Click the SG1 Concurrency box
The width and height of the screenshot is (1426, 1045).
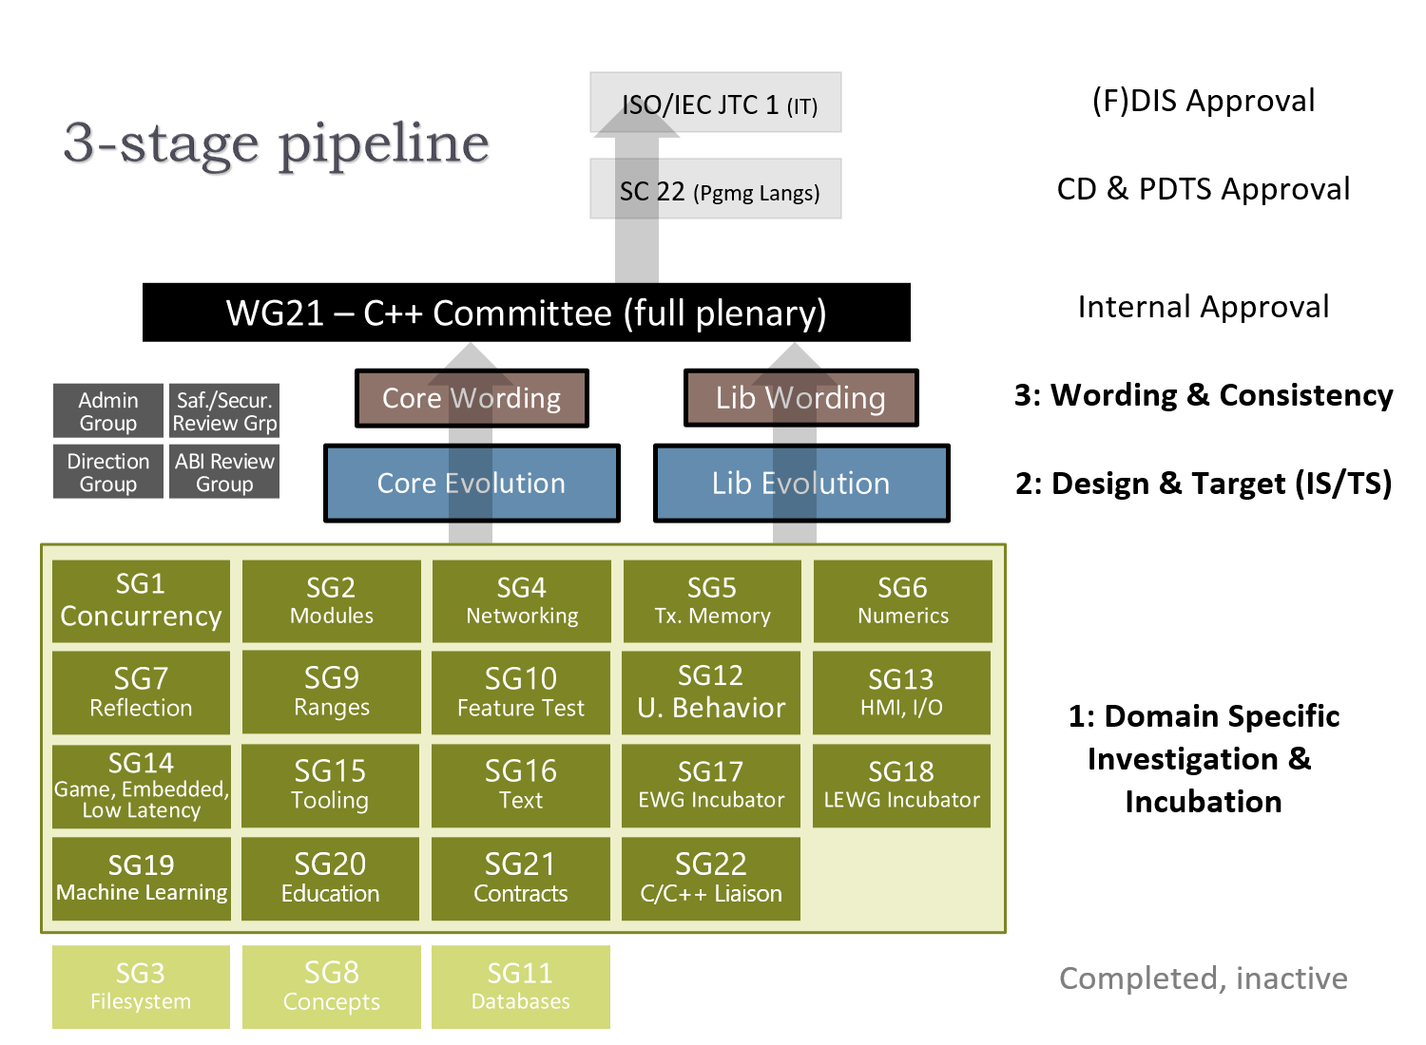141,601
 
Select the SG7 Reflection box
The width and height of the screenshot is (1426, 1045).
141,693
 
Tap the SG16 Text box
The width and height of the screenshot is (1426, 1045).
521,786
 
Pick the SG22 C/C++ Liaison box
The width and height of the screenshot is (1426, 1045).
710,879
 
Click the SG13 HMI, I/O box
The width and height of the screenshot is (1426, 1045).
901,693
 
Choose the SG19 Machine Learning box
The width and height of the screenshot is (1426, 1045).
141,879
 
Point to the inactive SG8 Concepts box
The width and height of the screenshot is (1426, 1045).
331,986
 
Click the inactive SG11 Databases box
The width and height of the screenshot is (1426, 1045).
521,986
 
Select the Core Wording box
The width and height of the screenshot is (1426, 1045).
472,398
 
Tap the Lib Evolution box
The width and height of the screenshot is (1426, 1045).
801,484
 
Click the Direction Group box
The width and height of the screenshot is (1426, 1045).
108,472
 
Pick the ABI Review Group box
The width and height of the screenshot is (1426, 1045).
224,472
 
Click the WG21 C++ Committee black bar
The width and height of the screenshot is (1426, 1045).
527,313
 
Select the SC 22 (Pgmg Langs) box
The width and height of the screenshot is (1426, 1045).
716,189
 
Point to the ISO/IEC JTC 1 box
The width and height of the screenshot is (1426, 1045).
716,103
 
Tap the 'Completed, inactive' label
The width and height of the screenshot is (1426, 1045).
1204,978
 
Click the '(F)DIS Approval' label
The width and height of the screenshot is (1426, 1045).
1204,101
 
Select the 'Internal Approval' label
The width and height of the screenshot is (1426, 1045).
1204,307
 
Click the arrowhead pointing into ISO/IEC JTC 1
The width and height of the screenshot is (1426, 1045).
637,120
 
